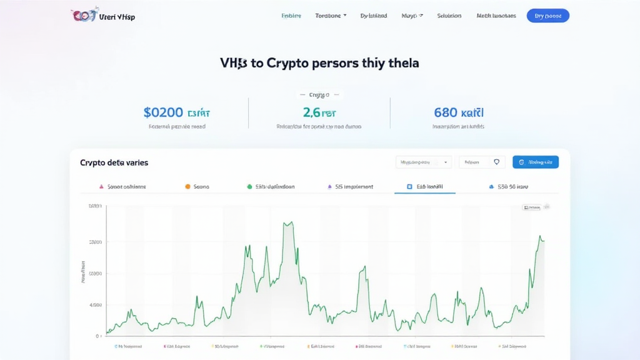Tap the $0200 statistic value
(163, 112)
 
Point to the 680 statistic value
(446, 112)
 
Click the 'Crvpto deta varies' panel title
(114, 162)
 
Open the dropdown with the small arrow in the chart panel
(424, 162)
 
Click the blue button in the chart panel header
(535, 162)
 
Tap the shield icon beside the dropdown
(497, 162)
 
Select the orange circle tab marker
(187, 186)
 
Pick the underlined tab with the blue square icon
(425, 186)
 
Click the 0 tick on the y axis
(98, 336)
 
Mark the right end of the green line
(544, 241)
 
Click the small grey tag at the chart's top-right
(531, 207)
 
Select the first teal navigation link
(291, 16)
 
